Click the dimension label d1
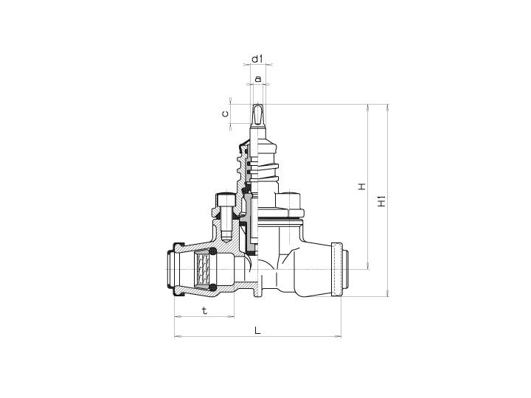pyautogui.click(x=257, y=59)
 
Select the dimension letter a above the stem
pyautogui.click(x=258, y=79)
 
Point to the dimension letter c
pyautogui.click(x=225, y=114)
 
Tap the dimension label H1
pyautogui.click(x=382, y=201)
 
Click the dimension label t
pyautogui.click(x=204, y=310)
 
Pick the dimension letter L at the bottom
pyautogui.click(x=257, y=330)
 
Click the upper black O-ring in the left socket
pyautogui.click(x=213, y=251)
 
